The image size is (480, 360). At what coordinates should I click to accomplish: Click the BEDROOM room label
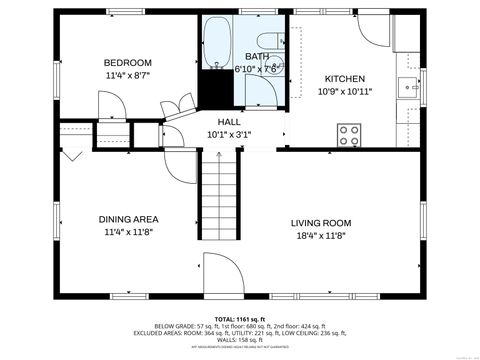127,61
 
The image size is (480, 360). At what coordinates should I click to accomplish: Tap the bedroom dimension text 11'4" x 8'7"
127,74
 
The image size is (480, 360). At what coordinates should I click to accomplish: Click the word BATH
256,57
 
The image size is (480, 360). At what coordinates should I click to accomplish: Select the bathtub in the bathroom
217,44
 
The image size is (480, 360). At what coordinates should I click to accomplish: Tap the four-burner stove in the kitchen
350,133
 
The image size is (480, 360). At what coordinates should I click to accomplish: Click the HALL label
228,121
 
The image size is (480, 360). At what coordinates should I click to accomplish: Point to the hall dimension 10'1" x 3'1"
228,134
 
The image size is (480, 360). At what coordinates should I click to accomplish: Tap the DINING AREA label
128,219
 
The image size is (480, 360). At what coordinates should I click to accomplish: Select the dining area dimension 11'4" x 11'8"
128,232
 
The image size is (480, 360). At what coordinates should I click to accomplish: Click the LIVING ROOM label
321,223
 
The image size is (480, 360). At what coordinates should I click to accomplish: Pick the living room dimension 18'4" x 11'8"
321,236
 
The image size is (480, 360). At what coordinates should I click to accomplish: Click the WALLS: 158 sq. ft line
240,339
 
